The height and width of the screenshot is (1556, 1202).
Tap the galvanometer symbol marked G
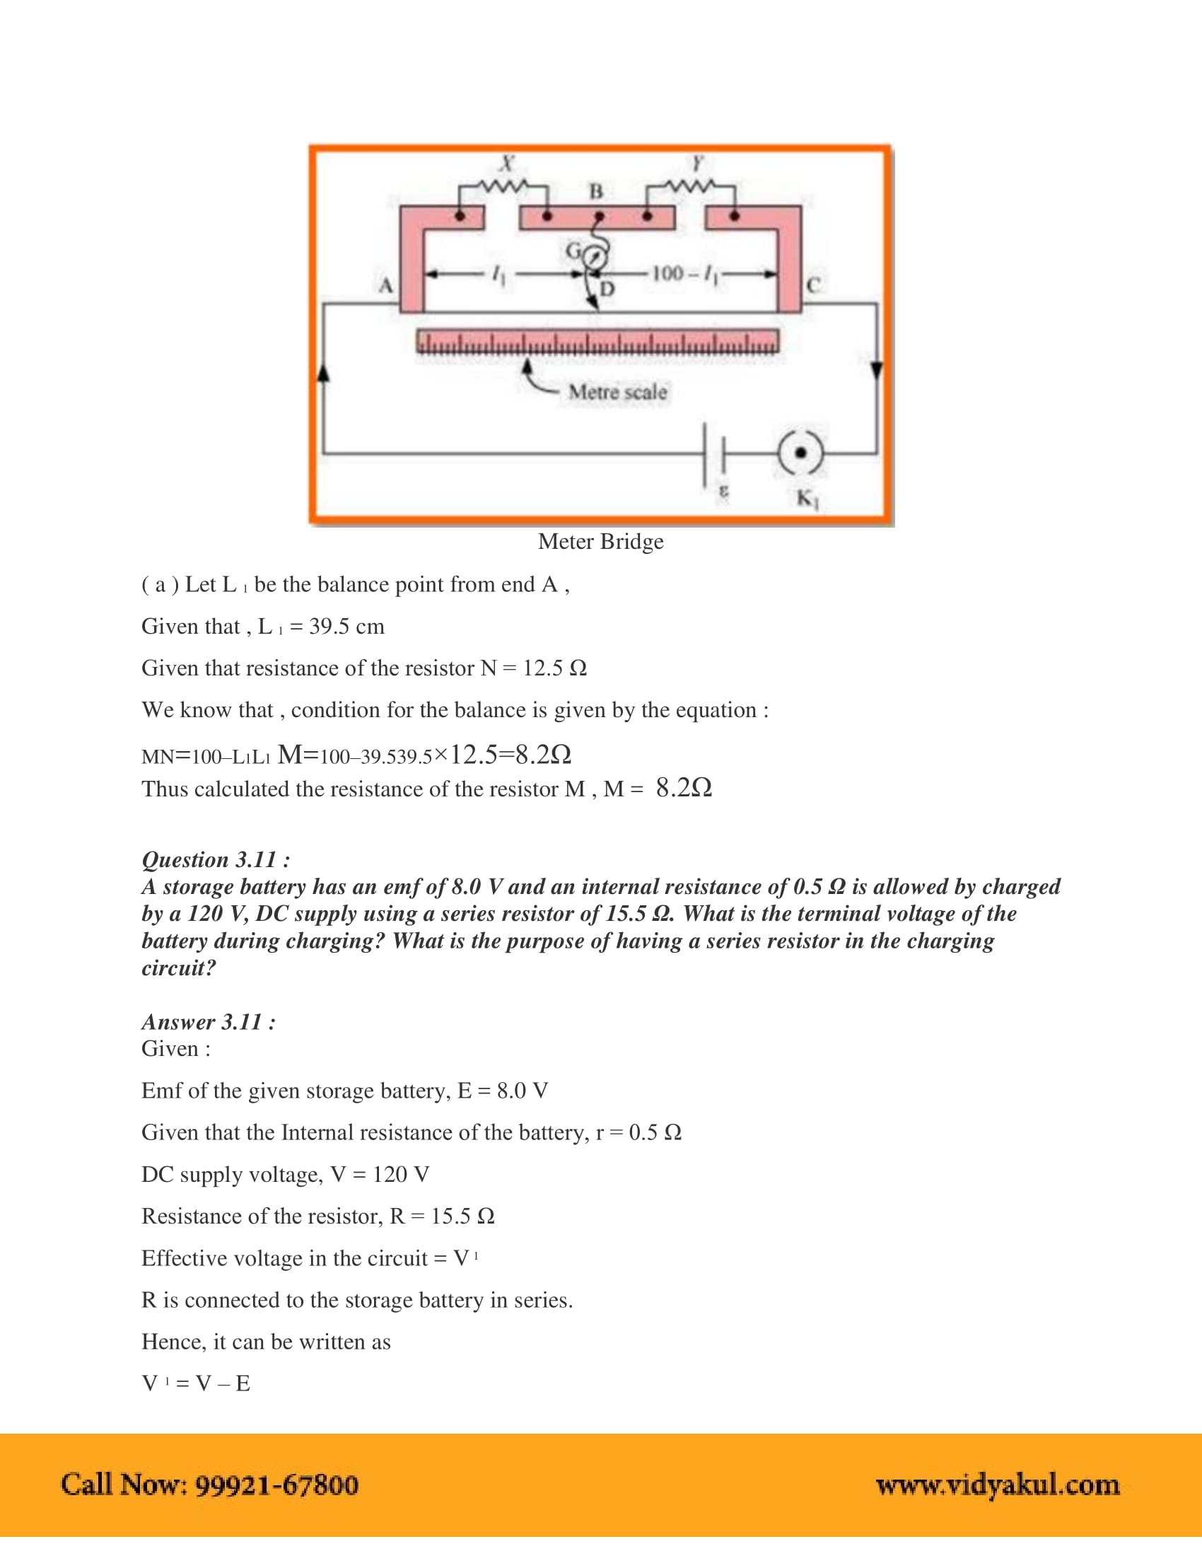[x=596, y=257]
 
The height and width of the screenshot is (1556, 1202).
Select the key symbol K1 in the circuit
[x=800, y=453]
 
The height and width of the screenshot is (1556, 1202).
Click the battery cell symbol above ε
[x=714, y=454]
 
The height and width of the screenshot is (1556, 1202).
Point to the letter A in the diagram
[x=385, y=286]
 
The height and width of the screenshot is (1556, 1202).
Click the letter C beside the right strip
[x=813, y=285]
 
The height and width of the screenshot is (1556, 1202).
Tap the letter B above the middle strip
[x=596, y=192]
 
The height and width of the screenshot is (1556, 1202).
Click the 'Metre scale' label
[x=617, y=392]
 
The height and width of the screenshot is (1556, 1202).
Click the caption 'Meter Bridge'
[x=600, y=542]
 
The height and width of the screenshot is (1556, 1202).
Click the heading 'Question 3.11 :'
[x=216, y=860]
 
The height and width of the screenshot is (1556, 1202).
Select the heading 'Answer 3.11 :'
[x=209, y=1023]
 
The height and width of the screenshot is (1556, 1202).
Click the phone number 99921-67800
[x=276, y=1485]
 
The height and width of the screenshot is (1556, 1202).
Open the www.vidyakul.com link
[x=997, y=1485]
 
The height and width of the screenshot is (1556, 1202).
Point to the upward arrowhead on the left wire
[x=323, y=372]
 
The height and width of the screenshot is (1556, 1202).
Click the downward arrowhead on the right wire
[x=877, y=371]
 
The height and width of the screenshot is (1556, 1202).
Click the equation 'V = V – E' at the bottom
[x=196, y=1384]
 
